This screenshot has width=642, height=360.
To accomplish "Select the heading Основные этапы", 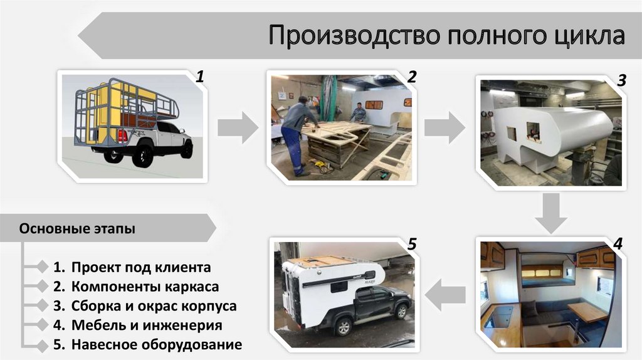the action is coord(77,228).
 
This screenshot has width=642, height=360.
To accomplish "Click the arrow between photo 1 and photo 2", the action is coord(238,127).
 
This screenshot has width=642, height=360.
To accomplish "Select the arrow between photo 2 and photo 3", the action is coord(445,127).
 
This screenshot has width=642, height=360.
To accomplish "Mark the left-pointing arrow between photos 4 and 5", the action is coord(445,294).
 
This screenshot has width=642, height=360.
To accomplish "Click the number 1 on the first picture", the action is coord(200,77).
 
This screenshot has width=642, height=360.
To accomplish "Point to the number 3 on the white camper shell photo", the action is coord(621,80).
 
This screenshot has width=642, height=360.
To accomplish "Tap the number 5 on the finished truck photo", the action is coord(412,245).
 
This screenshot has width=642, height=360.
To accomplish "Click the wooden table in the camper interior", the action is coord(587,311).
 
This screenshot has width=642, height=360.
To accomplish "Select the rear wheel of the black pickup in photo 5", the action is coord(343,327).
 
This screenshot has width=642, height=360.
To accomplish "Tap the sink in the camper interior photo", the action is coord(498,316).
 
